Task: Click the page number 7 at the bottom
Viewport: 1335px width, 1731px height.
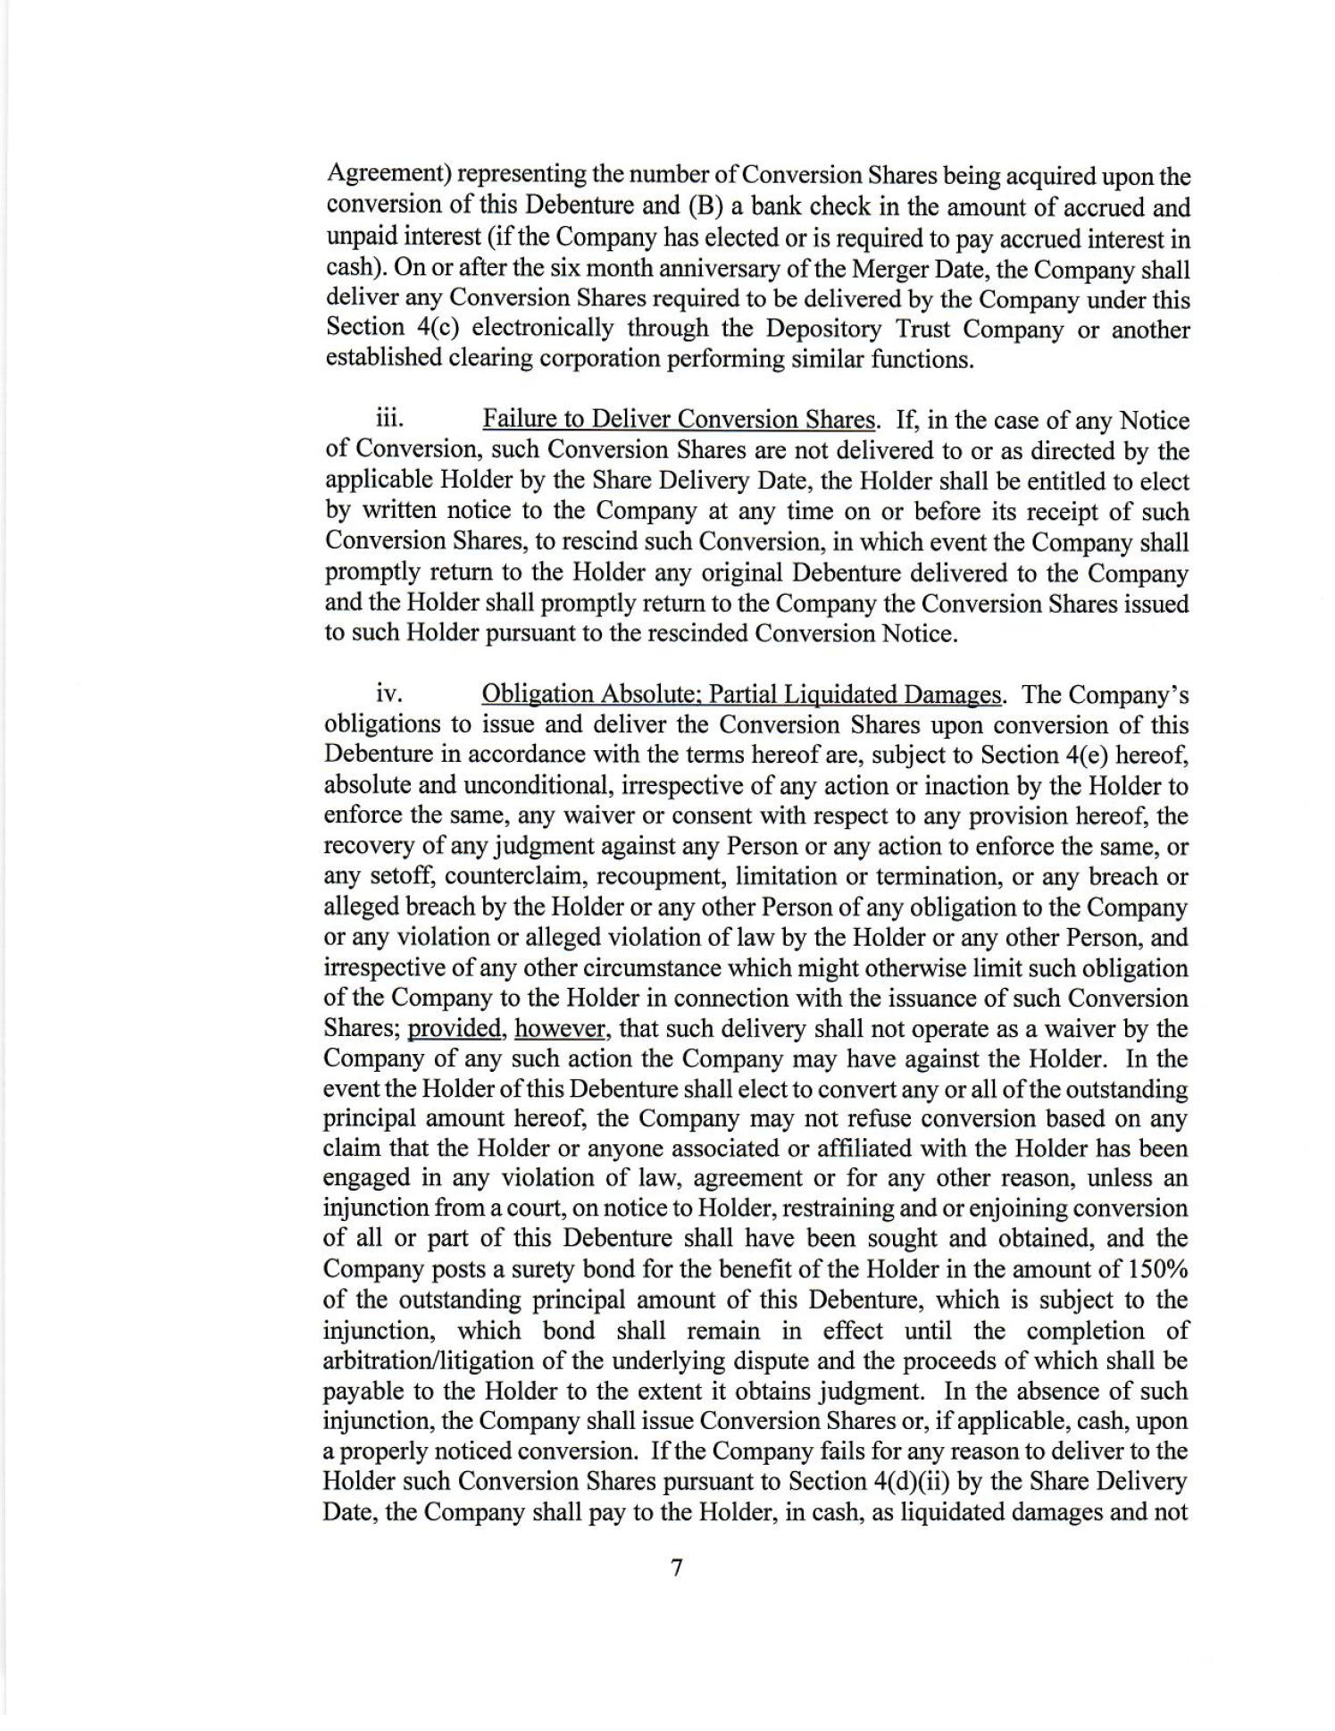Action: point(676,1568)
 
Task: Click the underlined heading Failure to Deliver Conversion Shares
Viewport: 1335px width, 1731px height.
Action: point(679,419)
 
